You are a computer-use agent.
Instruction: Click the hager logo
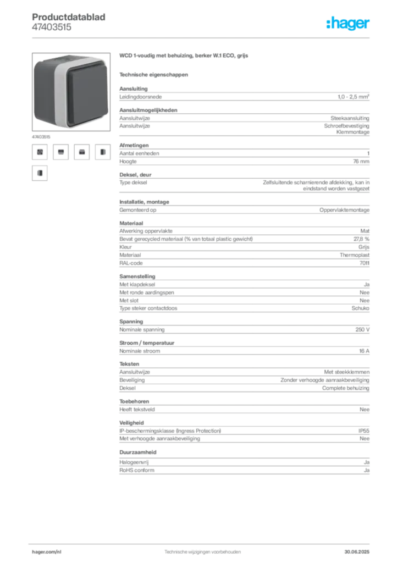[347, 24]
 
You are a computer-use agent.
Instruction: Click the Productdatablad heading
[69, 17]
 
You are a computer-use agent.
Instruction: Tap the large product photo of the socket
[71, 92]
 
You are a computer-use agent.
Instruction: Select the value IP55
[363, 430]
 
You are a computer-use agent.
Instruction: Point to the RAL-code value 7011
[364, 263]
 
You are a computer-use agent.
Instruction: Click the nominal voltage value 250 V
[362, 329]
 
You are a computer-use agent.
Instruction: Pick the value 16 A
[364, 351]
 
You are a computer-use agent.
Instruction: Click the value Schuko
[360, 308]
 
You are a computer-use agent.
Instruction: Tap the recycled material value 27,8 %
[361, 239]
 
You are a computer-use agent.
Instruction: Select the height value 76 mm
[361, 161]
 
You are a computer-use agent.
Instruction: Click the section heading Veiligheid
[131, 423]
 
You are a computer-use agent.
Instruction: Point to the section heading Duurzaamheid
[138, 452]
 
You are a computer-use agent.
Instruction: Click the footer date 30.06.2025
[357, 552]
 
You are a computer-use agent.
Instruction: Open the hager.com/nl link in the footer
[47, 552]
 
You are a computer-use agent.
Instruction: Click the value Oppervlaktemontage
[344, 209]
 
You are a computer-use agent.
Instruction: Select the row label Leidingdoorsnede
[140, 97]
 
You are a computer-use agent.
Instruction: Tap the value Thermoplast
[355, 255]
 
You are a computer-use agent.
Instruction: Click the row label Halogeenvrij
[134, 462]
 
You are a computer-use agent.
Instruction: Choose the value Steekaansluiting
[350, 118]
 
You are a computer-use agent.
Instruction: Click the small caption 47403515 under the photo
[41, 137]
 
